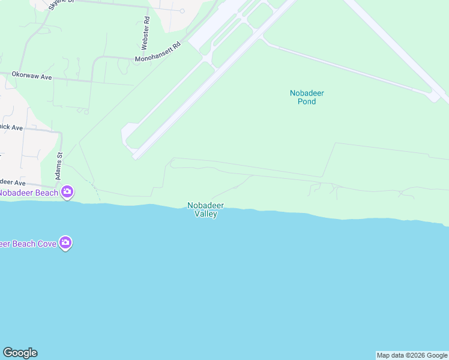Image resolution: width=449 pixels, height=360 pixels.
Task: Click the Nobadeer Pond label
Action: (x=307, y=97)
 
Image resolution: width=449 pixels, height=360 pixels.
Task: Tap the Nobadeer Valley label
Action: (x=205, y=209)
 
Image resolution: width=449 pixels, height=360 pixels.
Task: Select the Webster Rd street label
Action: (x=146, y=33)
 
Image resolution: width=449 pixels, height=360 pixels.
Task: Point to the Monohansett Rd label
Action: (x=157, y=53)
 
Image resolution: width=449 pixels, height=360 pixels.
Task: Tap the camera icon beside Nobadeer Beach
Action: (x=67, y=192)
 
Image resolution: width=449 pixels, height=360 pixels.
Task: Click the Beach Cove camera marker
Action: (x=65, y=243)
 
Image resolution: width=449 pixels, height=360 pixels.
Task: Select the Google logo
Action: (x=20, y=353)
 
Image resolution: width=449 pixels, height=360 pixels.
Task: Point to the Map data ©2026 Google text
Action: (x=412, y=355)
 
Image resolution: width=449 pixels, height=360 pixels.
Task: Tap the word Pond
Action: (x=307, y=101)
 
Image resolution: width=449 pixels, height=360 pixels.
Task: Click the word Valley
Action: (x=205, y=214)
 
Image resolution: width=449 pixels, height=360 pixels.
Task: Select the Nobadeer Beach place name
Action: (x=28, y=193)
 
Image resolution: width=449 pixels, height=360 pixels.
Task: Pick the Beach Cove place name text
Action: (x=28, y=244)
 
